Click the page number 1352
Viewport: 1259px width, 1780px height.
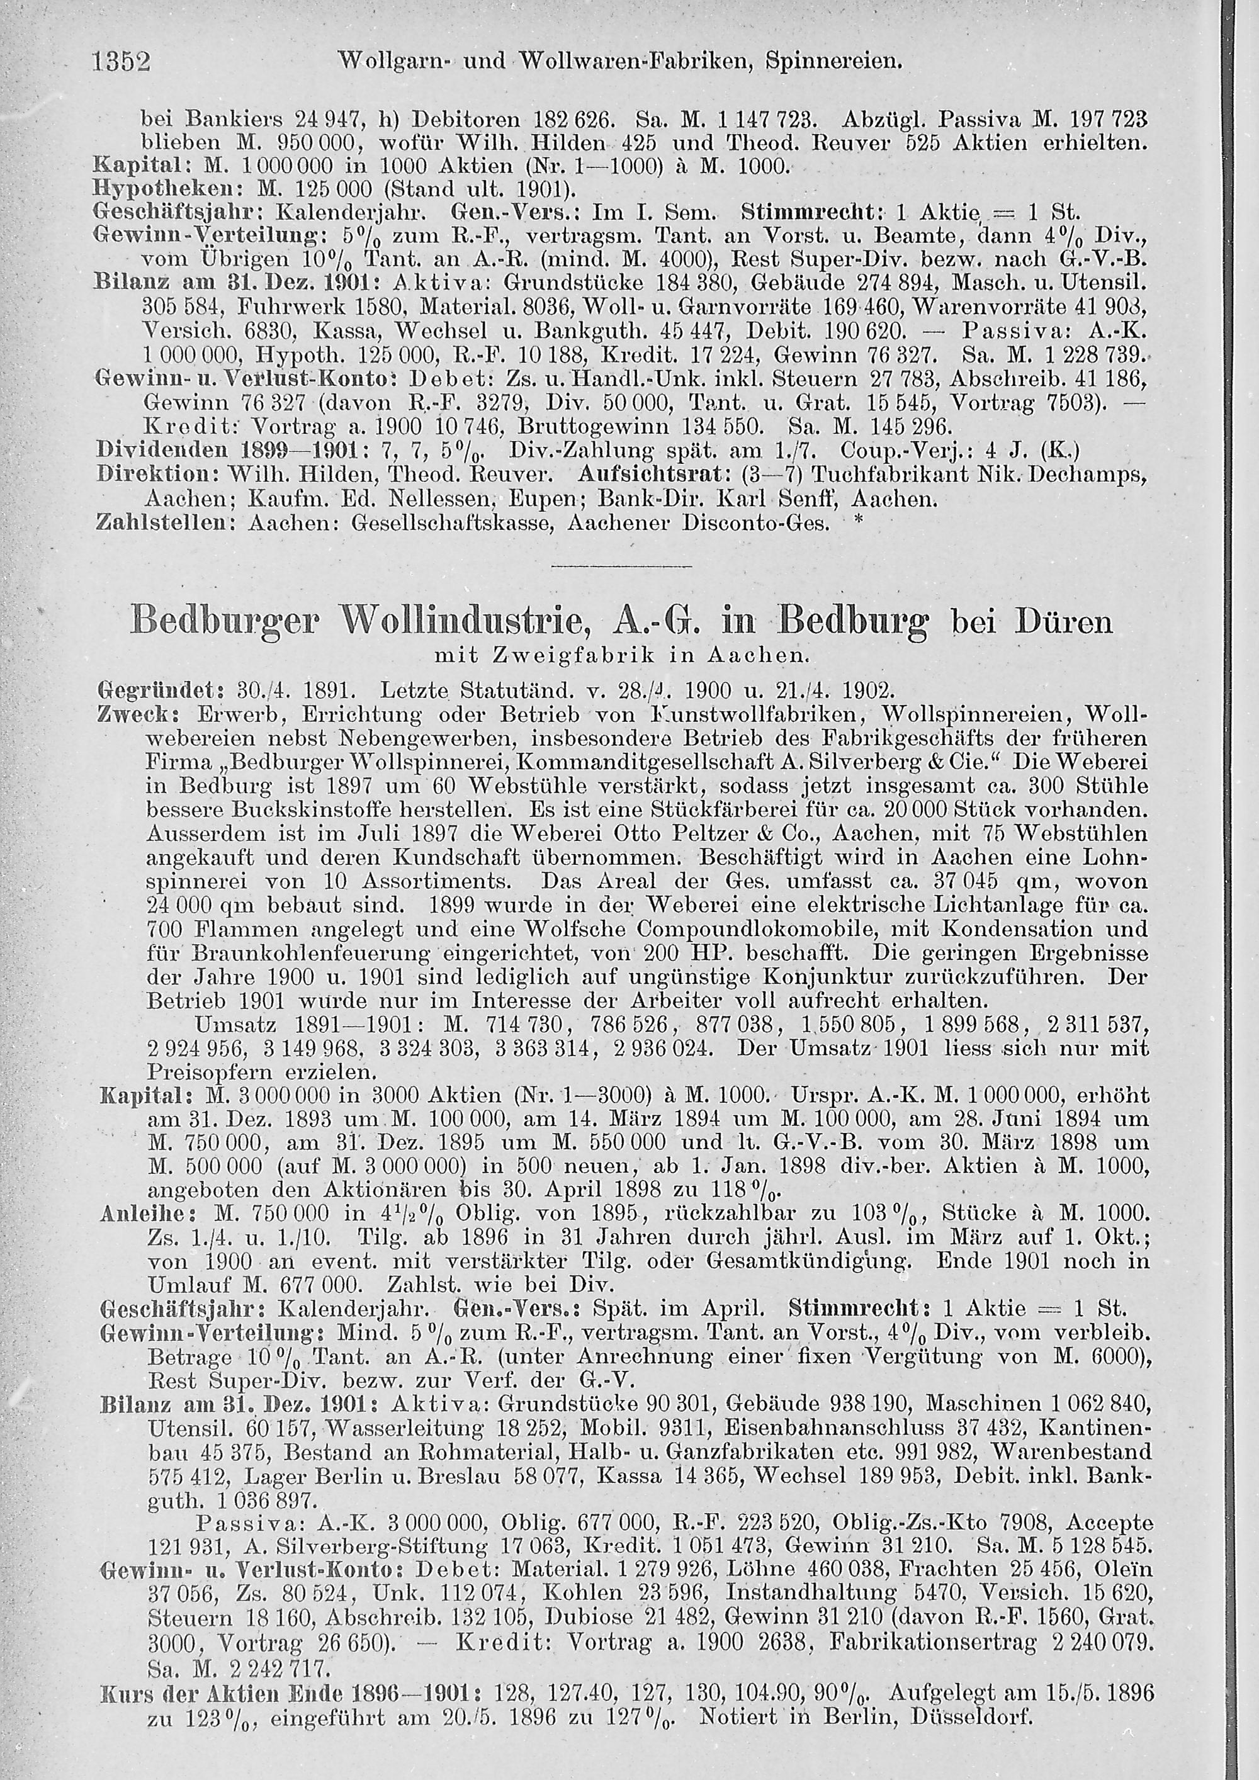121,61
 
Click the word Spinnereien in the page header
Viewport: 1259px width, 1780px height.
833,60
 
